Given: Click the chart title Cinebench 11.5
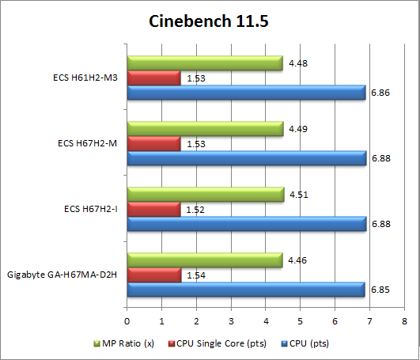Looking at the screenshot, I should click(210, 21).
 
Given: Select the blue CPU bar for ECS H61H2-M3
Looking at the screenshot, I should click(246, 93).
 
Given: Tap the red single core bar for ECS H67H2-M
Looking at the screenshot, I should click(153, 144).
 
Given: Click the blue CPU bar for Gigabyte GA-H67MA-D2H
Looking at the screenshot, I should click(245, 290).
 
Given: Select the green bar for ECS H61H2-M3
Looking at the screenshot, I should click(204, 63).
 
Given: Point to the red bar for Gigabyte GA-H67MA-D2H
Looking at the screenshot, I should click(153, 275).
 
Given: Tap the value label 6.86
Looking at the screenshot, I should click(378, 93).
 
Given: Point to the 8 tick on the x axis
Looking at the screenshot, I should click(404, 321).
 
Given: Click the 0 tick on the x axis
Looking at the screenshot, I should click(127, 321).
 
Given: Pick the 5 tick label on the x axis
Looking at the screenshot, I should click(301, 321).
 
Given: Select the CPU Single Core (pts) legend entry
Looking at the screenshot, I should click(218, 343).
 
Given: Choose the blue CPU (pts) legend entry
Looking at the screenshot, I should click(305, 343).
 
